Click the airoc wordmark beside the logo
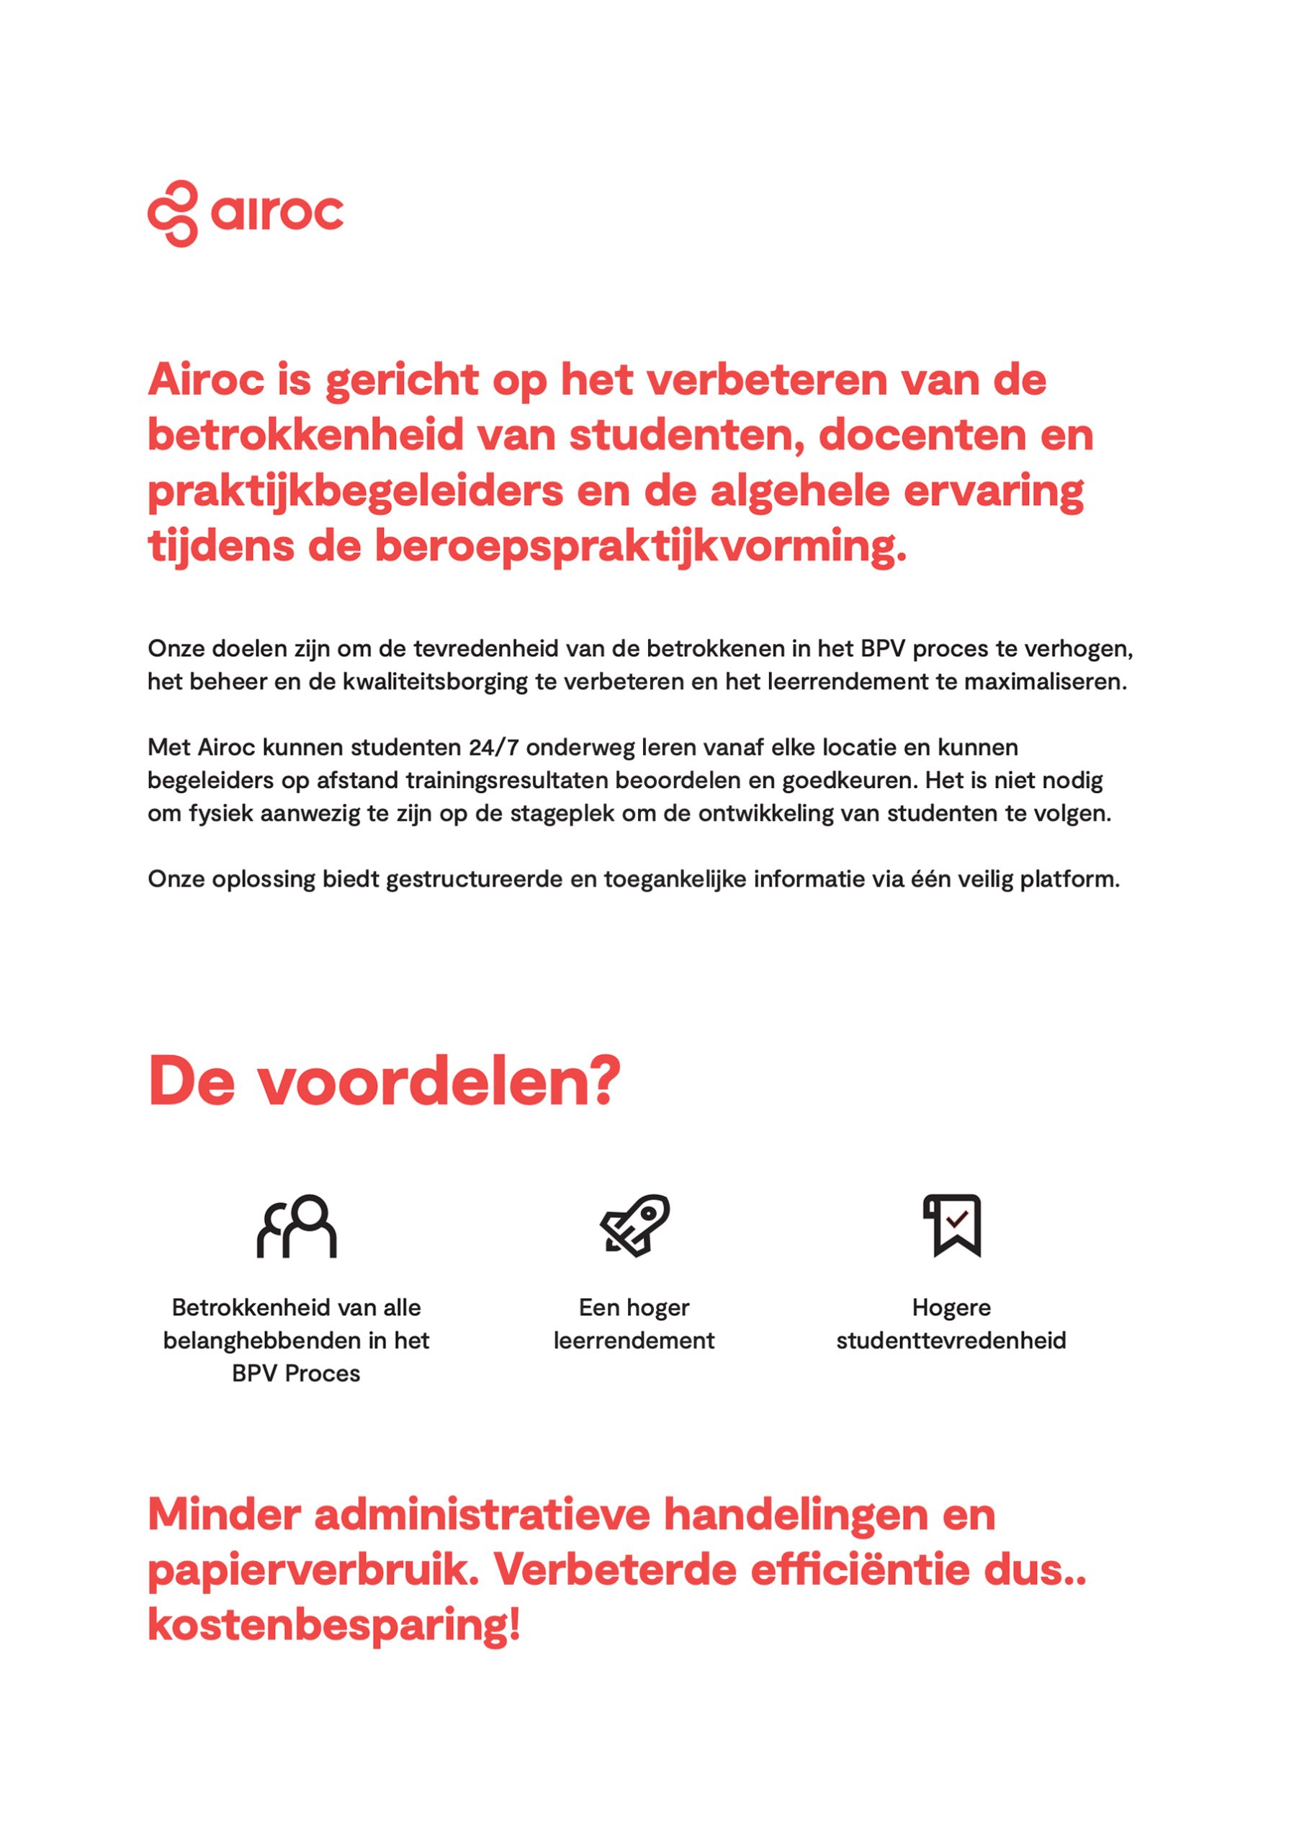(x=277, y=212)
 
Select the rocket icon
(x=634, y=1225)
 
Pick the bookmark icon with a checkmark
(x=952, y=1225)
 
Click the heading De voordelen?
(x=384, y=1082)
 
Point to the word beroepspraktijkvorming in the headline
(x=640, y=546)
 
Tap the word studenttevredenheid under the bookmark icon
(x=951, y=1341)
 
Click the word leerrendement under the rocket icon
(x=634, y=1341)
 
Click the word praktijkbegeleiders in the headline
(x=355, y=491)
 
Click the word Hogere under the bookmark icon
(x=951, y=1307)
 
